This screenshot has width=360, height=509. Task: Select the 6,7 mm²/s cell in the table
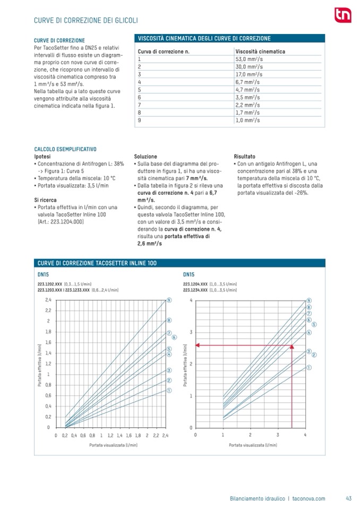tap(247, 82)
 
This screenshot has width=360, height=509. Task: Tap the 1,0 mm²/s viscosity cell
tap(247, 120)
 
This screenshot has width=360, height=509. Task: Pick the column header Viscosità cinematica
tap(260, 51)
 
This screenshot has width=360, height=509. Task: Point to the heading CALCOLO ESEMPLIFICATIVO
tap(65, 149)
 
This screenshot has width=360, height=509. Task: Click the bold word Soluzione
tap(145, 157)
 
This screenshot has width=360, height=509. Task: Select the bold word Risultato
tap(244, 157)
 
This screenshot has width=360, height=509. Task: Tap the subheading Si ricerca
tap(46, 199)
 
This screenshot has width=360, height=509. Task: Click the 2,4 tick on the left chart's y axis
tap(47, 300)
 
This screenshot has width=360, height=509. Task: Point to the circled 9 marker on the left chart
tap(168, 300)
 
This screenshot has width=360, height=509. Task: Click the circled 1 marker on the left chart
tap(168, 390)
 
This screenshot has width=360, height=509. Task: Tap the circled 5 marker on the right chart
tap(314, 324)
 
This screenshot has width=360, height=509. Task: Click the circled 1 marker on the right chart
tap(308, 367)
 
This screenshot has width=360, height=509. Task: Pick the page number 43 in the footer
tap(348, 498)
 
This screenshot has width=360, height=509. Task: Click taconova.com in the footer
tap(308, 498)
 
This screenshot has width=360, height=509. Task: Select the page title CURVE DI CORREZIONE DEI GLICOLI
tap(86, 20)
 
